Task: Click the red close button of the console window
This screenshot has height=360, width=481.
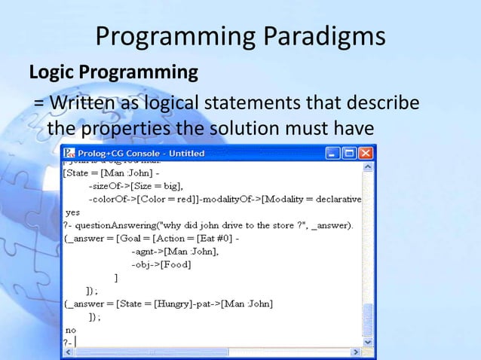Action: click(x=366, y=153)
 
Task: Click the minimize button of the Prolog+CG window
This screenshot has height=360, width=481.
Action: click(x=332, y=153)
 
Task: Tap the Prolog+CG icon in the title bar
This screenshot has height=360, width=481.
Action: click(x=70, y=153)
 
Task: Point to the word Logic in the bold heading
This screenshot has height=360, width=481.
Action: click(x=52, y=74)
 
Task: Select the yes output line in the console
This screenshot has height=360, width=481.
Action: click(x=73, y=212)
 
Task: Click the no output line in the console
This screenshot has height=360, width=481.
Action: click(x=71, y=329)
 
